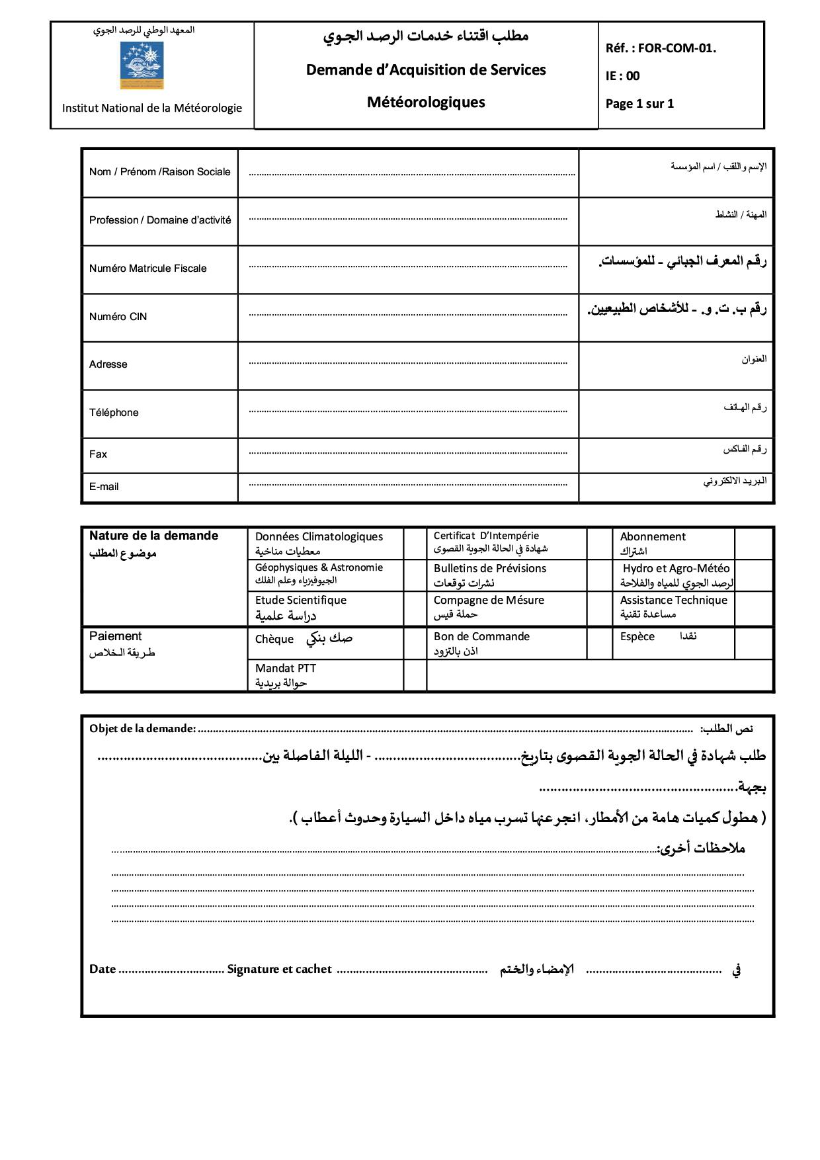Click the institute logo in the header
tap(142, 65)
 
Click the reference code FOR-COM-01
tap(676, 48)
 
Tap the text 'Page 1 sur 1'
tap(639, 103)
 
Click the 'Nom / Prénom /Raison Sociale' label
tap(159, 172)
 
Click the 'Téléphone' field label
tap(114, 413)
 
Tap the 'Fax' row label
tap(98, 454)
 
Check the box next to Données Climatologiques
tap(415, 543)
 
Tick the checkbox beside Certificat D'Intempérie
tap(599, 543)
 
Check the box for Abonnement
tap(754, 543)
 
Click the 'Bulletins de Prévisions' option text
tap(490, 569)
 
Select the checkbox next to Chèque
tap(415, 643)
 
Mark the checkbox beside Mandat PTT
tap(415, 675)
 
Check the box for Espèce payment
tap(754, 643)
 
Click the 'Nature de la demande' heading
tap(153, 536)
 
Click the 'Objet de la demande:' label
tap(143, 729)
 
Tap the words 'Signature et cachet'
tap(279, 969)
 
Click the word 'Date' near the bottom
tap(102, 969)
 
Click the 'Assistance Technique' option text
tap(673, 601)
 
